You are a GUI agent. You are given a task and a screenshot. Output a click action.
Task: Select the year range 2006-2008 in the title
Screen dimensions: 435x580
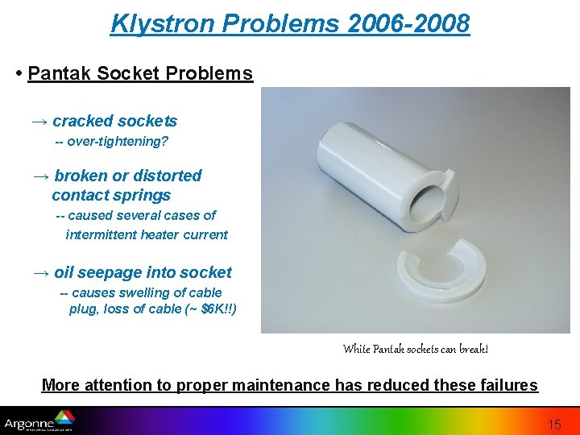coord(409,24)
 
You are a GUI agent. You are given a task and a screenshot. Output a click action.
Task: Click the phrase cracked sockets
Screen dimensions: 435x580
coord(114,122)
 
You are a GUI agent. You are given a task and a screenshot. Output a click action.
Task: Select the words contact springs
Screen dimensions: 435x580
coord(111,196)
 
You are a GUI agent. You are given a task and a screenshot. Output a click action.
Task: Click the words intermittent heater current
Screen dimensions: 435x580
coord(147,235)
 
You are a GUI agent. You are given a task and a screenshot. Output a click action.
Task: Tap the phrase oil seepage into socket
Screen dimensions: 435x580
coord(143,273)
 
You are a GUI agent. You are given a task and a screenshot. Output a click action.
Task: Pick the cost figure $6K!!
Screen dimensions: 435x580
coord(216,309)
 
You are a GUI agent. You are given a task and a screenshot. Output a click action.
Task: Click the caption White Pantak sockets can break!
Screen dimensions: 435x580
coord(415,350)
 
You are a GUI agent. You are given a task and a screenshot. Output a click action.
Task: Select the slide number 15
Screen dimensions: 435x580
coord(554,425)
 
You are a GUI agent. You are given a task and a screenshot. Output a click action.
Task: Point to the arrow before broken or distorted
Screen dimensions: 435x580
coord(40,176)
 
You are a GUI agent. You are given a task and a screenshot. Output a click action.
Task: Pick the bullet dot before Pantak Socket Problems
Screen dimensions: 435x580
coord(19,74)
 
